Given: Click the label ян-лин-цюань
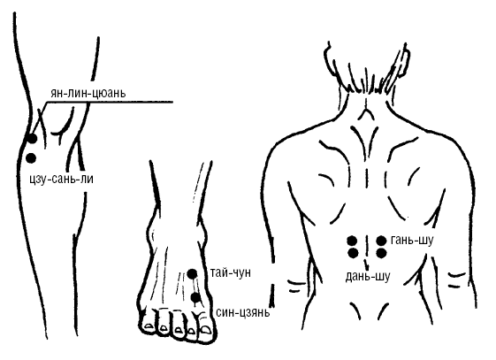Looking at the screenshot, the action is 88,93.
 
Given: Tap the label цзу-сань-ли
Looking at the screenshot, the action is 61,180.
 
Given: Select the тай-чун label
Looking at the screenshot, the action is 231,272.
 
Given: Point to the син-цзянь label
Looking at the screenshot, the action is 243,312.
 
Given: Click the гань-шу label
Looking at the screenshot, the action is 411,241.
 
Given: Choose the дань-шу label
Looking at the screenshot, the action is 368,277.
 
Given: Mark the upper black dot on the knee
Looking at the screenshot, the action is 32,138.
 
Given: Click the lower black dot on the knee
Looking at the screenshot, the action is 31,157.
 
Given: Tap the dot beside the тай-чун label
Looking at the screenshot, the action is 192,273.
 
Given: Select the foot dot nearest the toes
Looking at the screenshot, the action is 195,298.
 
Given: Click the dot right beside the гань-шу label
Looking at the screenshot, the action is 381,241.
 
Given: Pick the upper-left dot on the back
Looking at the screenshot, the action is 352,241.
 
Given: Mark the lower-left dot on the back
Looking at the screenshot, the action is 353,253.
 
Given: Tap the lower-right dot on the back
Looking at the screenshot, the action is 381,253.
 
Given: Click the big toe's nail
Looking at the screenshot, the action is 206,330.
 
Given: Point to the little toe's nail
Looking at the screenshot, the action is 148,325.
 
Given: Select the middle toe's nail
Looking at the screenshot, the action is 179,330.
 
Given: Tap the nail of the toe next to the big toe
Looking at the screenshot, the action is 191,331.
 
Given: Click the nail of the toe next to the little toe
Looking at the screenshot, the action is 164,328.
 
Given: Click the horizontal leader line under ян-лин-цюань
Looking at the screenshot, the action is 110,102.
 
